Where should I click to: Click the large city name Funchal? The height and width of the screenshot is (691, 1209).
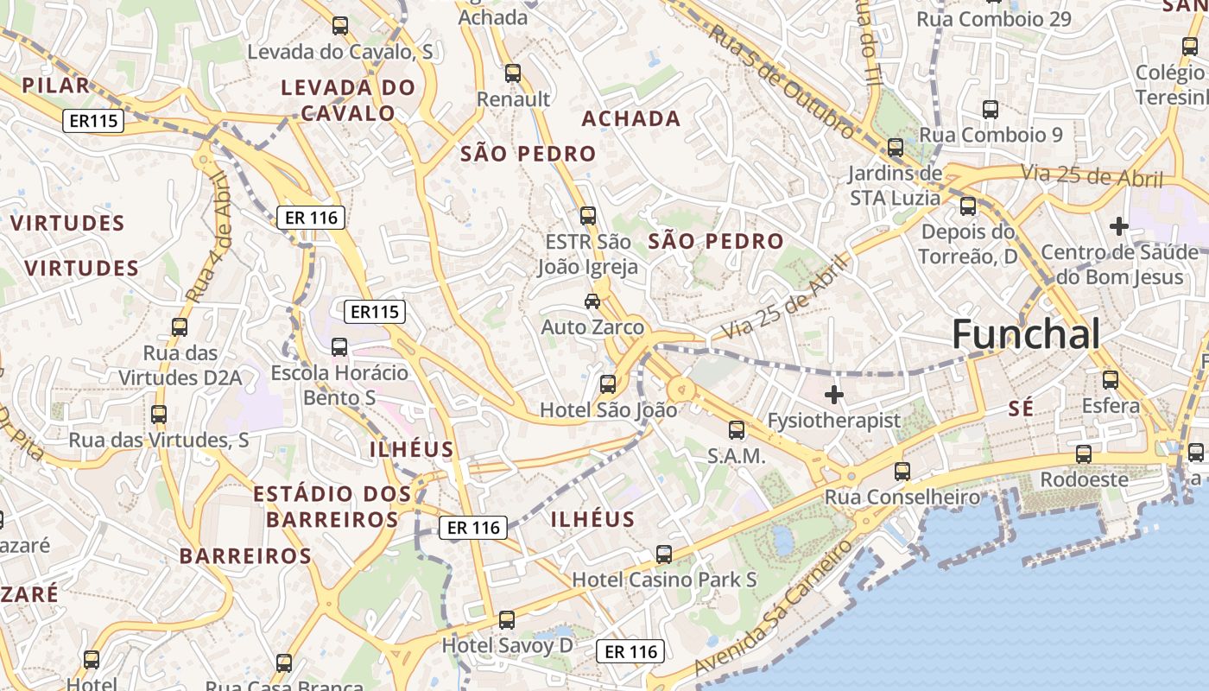coord(1026,335)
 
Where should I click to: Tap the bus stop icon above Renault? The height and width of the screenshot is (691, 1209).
coord(513,73)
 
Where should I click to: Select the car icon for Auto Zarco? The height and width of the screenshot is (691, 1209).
coord(592,301)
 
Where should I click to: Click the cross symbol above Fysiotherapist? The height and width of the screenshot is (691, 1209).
coord(833,395)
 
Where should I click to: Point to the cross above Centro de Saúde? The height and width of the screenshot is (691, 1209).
coord(1119,226)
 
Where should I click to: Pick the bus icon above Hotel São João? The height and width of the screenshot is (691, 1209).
coord(608,384)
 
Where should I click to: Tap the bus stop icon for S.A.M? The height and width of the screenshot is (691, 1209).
coord(737,429)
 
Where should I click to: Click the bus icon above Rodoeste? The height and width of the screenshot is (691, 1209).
coord(1084,453)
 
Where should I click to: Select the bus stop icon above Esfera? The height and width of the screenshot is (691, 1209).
coord(1111,379)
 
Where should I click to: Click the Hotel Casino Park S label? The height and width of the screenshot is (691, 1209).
coord(664,579)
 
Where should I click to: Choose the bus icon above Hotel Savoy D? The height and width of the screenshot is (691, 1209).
coord(507,619)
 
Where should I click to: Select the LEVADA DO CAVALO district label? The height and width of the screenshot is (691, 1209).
coord(348,100)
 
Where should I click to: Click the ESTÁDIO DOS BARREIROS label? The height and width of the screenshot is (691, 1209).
coord(332,507)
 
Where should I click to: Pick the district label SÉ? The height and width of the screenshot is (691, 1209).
coord(1021,409)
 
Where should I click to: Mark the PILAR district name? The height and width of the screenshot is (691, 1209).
coord(55,85)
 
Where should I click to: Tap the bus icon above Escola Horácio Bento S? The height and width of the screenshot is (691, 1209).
coord(339,347)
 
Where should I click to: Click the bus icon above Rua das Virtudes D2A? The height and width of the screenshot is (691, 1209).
coord(180,327)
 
